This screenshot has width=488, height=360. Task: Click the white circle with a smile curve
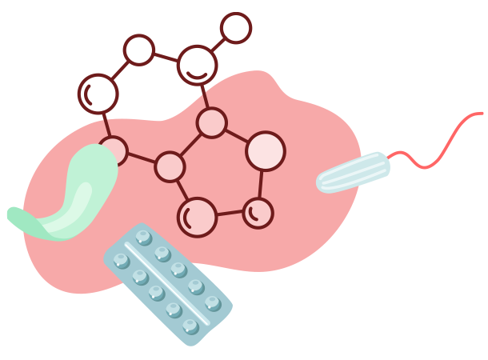coord(197,65)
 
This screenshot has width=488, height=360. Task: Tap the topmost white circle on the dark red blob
coord(235,28)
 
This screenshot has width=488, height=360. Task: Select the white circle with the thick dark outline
coord(98,94)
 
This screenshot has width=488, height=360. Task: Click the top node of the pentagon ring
coord(211,122)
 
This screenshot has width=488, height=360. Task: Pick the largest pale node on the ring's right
coord(265,150)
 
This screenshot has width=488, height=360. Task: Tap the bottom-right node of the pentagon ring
coord(258,213)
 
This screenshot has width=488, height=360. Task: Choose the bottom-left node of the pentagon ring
coord(197,217)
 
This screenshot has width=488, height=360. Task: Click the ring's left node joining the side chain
coord(170,166)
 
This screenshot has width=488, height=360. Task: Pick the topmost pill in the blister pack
coord(144,238)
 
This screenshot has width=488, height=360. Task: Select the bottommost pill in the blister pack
coord(190,326)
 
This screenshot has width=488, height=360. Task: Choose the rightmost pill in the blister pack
coord(213,303)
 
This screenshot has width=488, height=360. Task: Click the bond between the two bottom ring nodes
coord(229,214)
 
